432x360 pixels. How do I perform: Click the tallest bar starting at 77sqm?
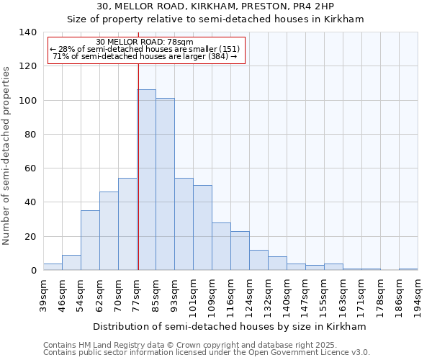tap(146, 180)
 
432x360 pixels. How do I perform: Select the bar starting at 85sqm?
tap(165, 184)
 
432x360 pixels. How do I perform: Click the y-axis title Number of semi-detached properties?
tap(6, 155)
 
